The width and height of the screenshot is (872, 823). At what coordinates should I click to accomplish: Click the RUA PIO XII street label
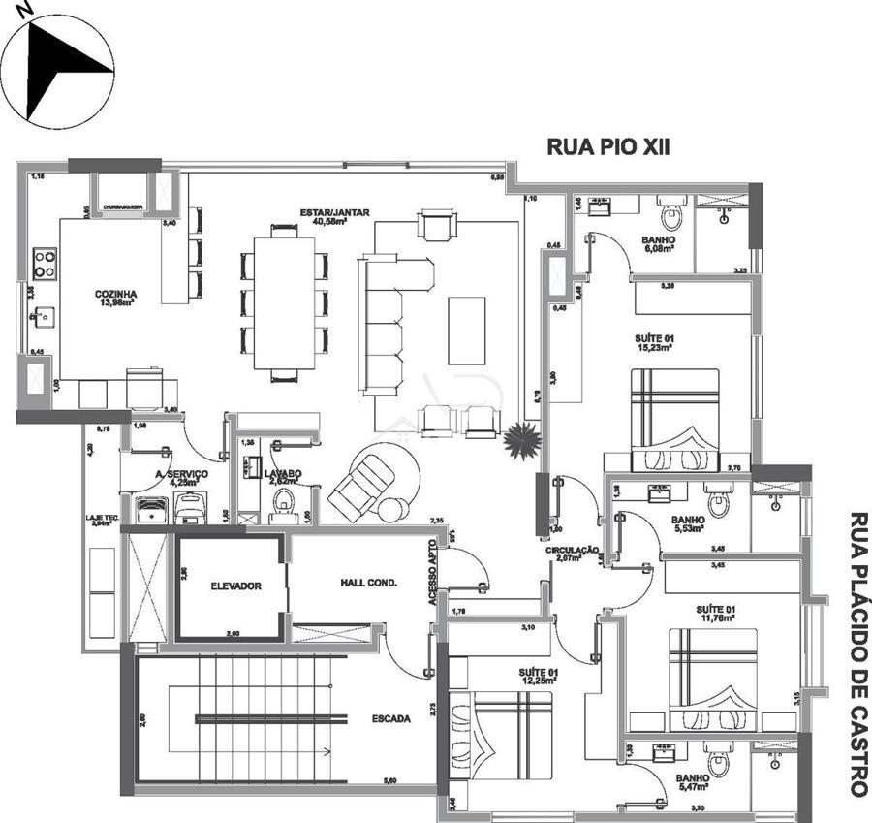608,147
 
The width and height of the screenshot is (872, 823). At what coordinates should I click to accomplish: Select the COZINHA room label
115,295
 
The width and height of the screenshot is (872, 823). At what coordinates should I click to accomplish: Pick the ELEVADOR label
235,586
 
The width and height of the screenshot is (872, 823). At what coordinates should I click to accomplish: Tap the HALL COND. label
369,583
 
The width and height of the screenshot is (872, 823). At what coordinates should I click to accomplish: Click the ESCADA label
391,719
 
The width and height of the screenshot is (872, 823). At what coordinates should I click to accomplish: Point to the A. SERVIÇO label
181,473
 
